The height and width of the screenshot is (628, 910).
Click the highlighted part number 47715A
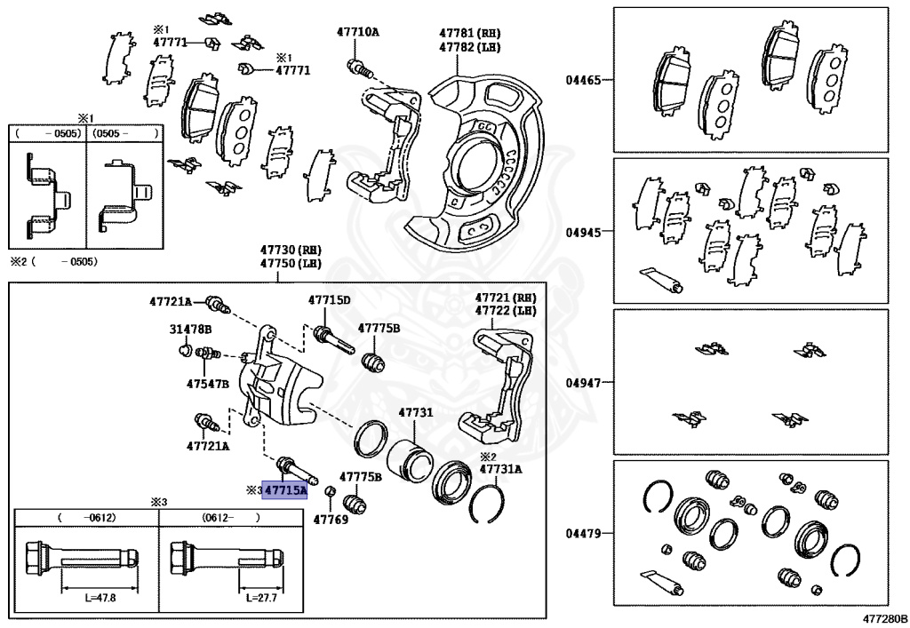(285, 489)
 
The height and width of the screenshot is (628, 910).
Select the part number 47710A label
(357, 32)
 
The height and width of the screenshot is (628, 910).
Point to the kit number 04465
(584, 80)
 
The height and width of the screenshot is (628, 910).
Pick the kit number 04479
(584, 534)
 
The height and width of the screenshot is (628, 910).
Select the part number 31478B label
(190, 329)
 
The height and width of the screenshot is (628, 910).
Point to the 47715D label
(329, 300)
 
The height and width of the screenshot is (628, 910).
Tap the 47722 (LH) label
(506, 310)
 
